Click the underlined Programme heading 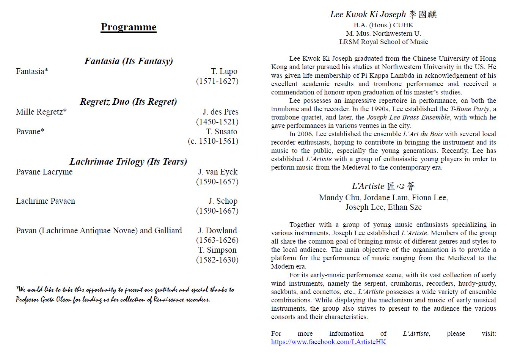point(128,27)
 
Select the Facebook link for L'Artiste point(328,342)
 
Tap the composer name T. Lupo point(224,71)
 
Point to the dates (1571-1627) point(217,81)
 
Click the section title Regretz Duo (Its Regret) point(128,102)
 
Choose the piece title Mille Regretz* point(41,112)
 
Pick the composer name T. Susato point(222,132)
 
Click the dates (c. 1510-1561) point(213,141)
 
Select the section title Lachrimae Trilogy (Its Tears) point(128,162)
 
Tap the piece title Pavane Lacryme point(44,172)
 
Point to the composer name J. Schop point(223,201)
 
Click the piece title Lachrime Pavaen point(46,201)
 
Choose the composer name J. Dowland point(217,231)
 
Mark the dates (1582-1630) point(217,260)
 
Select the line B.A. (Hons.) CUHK point(383,25)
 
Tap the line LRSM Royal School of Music point(383,42)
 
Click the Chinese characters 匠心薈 point(401,186)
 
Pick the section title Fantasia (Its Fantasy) point(128,61)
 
